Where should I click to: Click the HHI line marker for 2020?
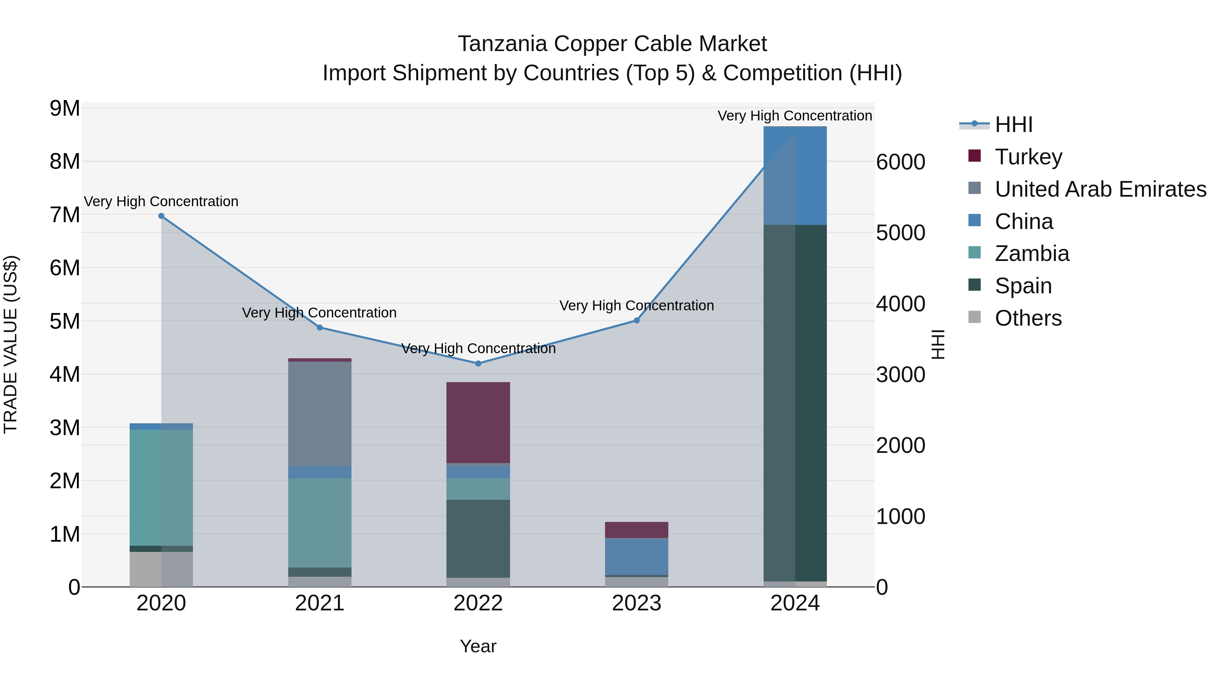pyautogui.click(x=161, y=216)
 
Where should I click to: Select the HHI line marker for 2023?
pyautogui.click(x=637, y=321)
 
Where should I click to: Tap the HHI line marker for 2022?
pyautogui.click(x=478, y=363)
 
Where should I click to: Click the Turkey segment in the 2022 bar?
pyautogui.click(x=478, y=422)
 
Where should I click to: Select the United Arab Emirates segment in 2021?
pyautogui.click(x=320, y=414)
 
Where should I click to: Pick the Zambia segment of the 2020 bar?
pyautogui.click(x=161, y=487)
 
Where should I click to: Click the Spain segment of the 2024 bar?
pyautogui.click(x=795, y=403)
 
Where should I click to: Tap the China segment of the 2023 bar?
pyautogui.click(x=637, y=556)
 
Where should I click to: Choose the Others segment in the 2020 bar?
pyautogui.click(x=161, y=569)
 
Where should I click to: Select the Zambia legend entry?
pyautogui.click(x=1032, y=253)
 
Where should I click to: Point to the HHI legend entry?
pyautogui.click(x=1013, y=125)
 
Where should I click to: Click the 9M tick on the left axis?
pyautogui.click(x=65, y=109)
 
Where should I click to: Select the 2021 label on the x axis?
pyautogui.click(x=320, y=603)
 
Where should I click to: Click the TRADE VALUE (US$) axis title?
pyautogui.click(x=11, y=344)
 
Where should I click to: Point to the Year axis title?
pyautogui.click(x=478, y=646)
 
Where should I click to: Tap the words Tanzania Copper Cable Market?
pyautogui.click(x=612, y=44)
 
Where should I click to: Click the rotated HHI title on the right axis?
pyautogui.click(x=938, y=344)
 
